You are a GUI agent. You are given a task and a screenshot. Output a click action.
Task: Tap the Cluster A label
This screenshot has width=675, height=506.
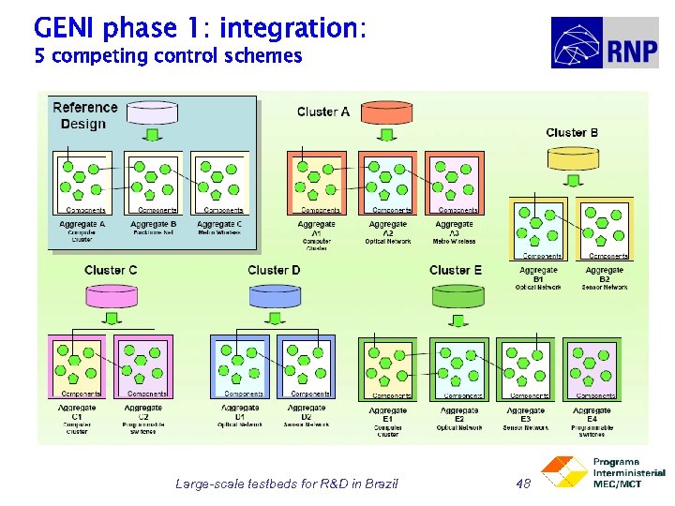322,112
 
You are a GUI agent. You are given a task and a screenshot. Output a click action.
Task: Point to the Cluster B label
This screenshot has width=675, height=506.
572,133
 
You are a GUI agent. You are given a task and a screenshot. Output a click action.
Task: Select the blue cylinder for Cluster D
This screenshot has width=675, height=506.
274,296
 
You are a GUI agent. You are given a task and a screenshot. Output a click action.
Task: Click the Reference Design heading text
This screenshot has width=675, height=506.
85,115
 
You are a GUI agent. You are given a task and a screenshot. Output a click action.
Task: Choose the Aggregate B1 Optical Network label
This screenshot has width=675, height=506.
538,277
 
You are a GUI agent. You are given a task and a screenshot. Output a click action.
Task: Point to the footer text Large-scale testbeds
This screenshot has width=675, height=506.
286,484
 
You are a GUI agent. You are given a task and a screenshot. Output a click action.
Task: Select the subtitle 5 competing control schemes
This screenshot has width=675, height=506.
168,56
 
